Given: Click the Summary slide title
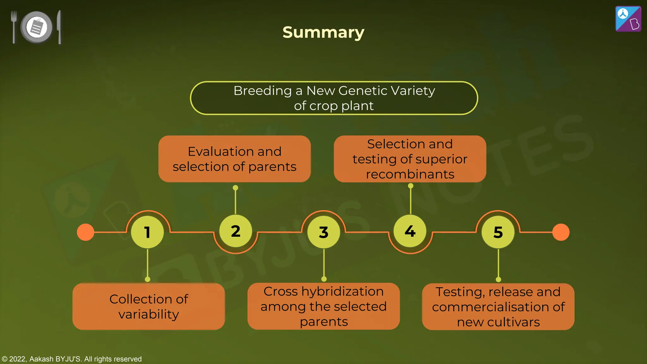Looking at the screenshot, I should pos(323,32).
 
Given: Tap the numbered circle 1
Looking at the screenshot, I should pos(147,232).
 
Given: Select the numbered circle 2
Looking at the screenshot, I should pos(235,231).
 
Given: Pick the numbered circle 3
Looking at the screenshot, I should pos(323,232).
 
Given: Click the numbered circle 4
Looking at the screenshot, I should pos(410,231).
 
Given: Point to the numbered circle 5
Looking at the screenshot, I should pos(498,232).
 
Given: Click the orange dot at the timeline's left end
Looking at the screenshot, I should pos(86,232).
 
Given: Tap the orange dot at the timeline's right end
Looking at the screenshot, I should pos(561,232).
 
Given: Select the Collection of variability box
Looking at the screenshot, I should pos(148,306).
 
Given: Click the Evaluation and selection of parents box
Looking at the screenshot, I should pos(234,159).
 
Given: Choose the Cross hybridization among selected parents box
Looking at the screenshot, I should pos(323,306).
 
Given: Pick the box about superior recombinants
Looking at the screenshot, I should pos(410,159).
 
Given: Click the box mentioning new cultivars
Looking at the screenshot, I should pos(498,306).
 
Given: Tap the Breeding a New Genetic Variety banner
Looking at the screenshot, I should pos(334,98).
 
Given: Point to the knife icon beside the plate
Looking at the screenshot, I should pos(59,27).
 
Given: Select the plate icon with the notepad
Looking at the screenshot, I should pos(37,27).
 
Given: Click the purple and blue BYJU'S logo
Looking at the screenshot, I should pos(628,19).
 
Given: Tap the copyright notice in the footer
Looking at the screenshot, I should pos(72,359).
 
